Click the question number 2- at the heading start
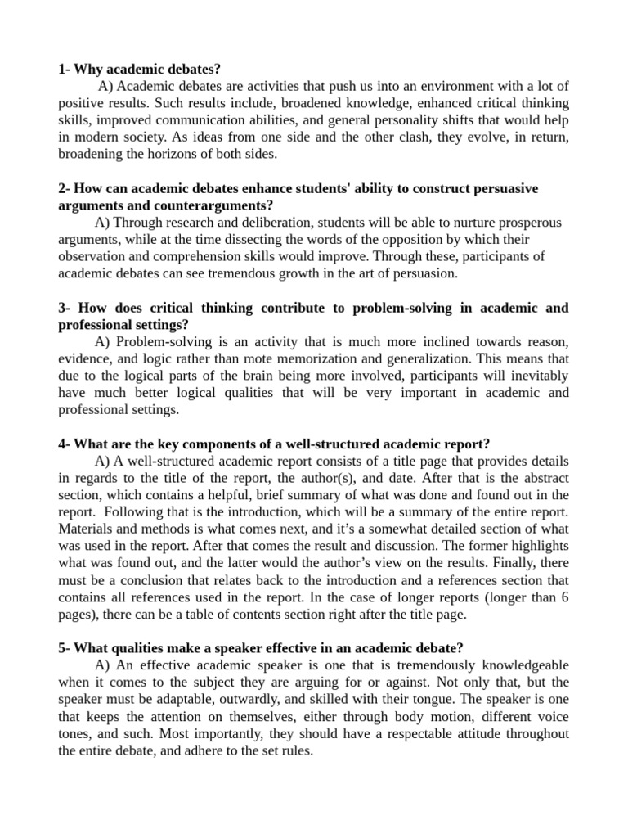pos(65,188)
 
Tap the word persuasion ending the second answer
pos(423,274)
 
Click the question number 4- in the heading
pos(65,444)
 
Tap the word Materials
pos(86,529)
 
